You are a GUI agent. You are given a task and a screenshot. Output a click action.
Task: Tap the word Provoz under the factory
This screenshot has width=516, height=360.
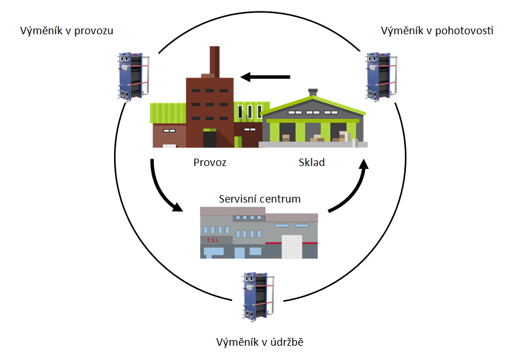210,162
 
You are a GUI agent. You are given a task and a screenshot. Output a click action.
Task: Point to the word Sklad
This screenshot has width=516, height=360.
311,162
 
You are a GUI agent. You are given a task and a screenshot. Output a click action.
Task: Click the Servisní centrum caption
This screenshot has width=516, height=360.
259,199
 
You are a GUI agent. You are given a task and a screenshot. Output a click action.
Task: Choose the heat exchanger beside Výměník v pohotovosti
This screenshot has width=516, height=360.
380,76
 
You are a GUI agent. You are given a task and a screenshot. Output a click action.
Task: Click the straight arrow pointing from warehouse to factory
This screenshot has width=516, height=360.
265,76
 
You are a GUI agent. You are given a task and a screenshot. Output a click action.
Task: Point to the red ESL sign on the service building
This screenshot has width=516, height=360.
212,240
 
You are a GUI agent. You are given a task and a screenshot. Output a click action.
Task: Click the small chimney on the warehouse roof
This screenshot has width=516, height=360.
312,93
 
